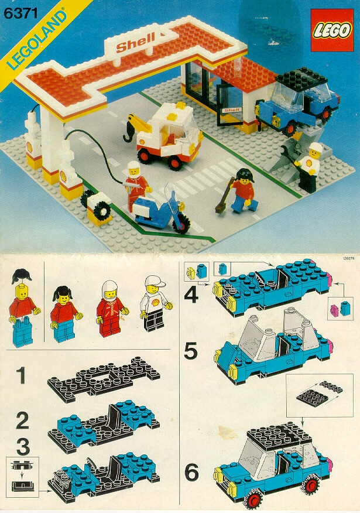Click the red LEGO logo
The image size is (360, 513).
click(332, 30)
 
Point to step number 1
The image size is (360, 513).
click(22, 375)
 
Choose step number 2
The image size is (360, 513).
click(22, 420)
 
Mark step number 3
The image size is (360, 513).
click(23, 446)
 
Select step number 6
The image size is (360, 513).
click(191, 472)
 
